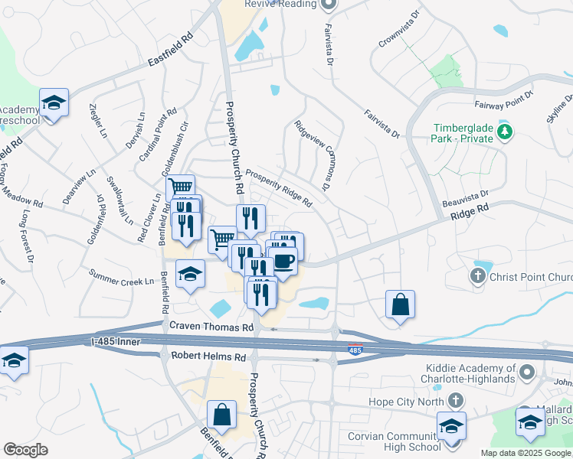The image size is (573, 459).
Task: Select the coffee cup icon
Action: click(x=283, y=261)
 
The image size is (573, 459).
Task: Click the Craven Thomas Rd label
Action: click(x=211, y=327)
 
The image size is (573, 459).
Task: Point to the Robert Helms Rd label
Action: click(x=208, y=356)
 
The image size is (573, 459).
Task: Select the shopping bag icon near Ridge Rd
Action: click(x=400, y=304)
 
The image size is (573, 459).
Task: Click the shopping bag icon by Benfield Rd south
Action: click(x=221, y=416)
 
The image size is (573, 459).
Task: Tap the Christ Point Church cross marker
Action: click(x=480, y=275)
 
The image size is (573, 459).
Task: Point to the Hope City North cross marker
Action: click(x=455, y=400)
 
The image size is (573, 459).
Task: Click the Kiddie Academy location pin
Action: click(x=526, y=373)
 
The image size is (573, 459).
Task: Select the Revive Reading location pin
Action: click(x=329, y=4)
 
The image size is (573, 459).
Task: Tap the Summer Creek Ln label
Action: click(x=121, y=277)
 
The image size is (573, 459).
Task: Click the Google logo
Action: click(x=26, y=450)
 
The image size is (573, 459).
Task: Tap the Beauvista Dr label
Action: click(x=466, y=200)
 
